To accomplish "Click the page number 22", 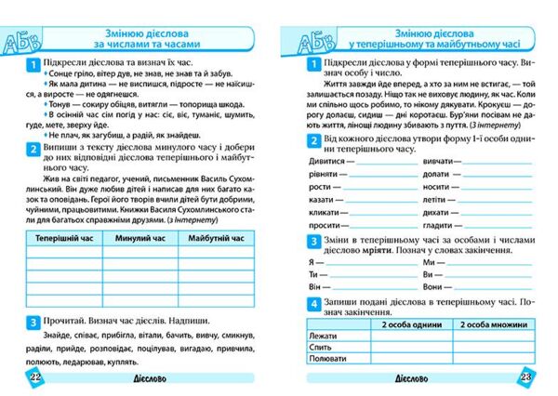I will (x=34, y=377).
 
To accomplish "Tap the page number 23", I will (x=525, y=377).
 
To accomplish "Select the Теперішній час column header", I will (x=61, y=239).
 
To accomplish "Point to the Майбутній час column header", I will (x=217, y=239).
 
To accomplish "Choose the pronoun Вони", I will (x=433, y=286).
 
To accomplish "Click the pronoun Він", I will (x=313, y=286).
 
